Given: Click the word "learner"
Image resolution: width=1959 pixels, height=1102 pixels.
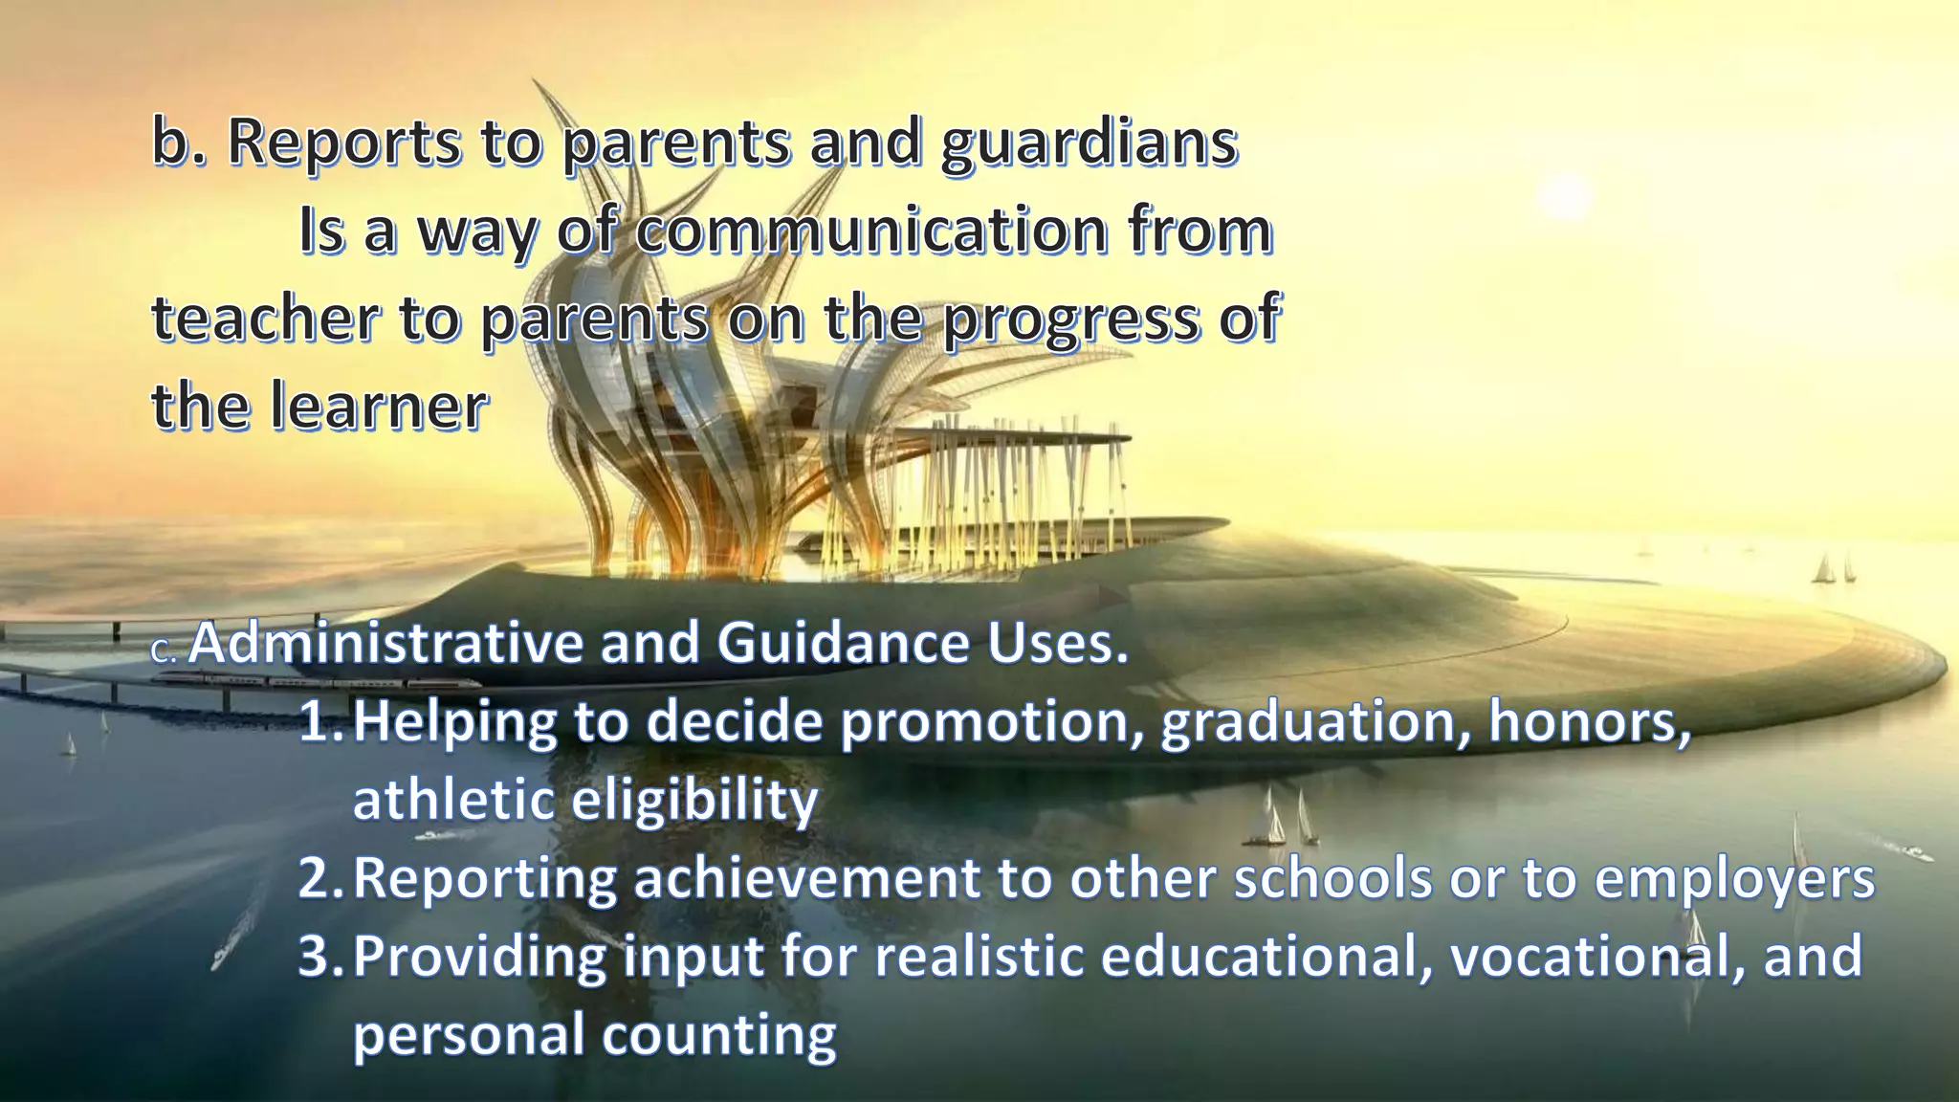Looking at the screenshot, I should pyautogui.click(x=378, y=407).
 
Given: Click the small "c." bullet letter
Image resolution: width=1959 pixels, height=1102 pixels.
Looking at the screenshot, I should pyautogui.click(x=164, y=652).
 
